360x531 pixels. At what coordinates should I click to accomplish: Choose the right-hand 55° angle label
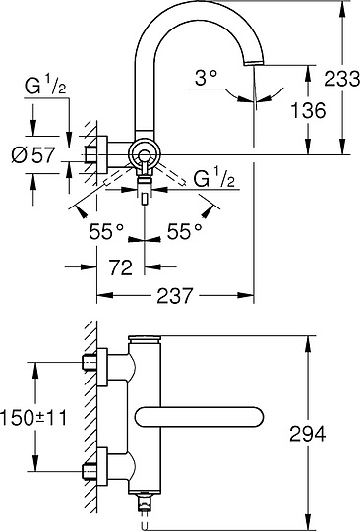[184, 230]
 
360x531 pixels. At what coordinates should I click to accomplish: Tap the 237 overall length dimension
[172, 294]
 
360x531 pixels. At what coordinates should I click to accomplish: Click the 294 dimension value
[308, 432]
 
